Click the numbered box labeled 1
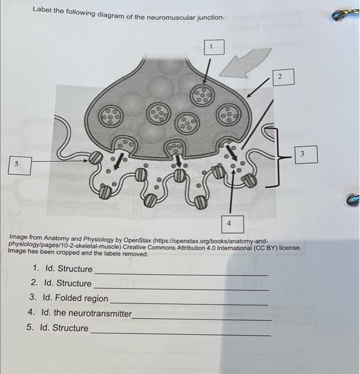click(214, 47)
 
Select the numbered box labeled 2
click(284, 77)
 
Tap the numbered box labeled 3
click(306, 154)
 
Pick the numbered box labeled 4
click(232, 224)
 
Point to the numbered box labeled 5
click(20, 165)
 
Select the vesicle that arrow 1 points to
click(202, 95)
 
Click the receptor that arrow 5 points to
click(96, 158)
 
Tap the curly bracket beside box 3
click(277, 157)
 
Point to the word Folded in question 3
click(68, 298)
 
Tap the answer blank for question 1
click(181, 274)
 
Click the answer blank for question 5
click(181, 333)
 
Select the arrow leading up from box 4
click(232, 192)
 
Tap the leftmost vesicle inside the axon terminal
click(111, 116)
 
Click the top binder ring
click(345, 15)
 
